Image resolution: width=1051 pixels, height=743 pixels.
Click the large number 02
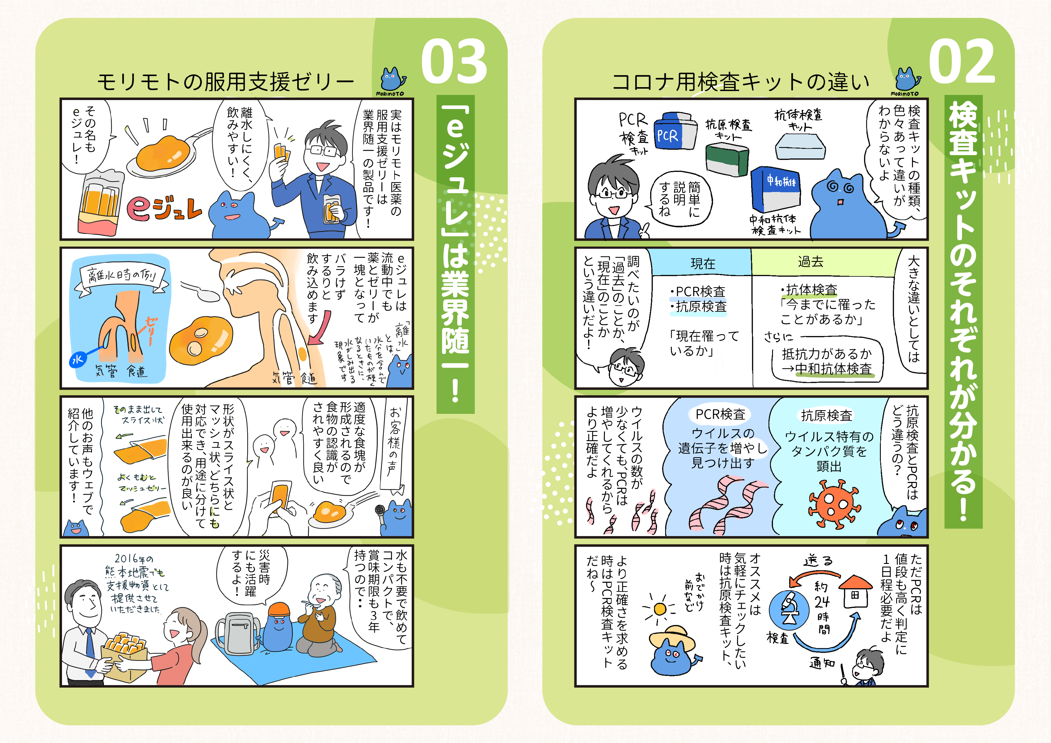tap(962, 61)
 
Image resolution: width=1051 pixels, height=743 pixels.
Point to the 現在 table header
tap(703, 264)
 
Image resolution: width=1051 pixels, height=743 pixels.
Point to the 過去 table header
tap(810, 262)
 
